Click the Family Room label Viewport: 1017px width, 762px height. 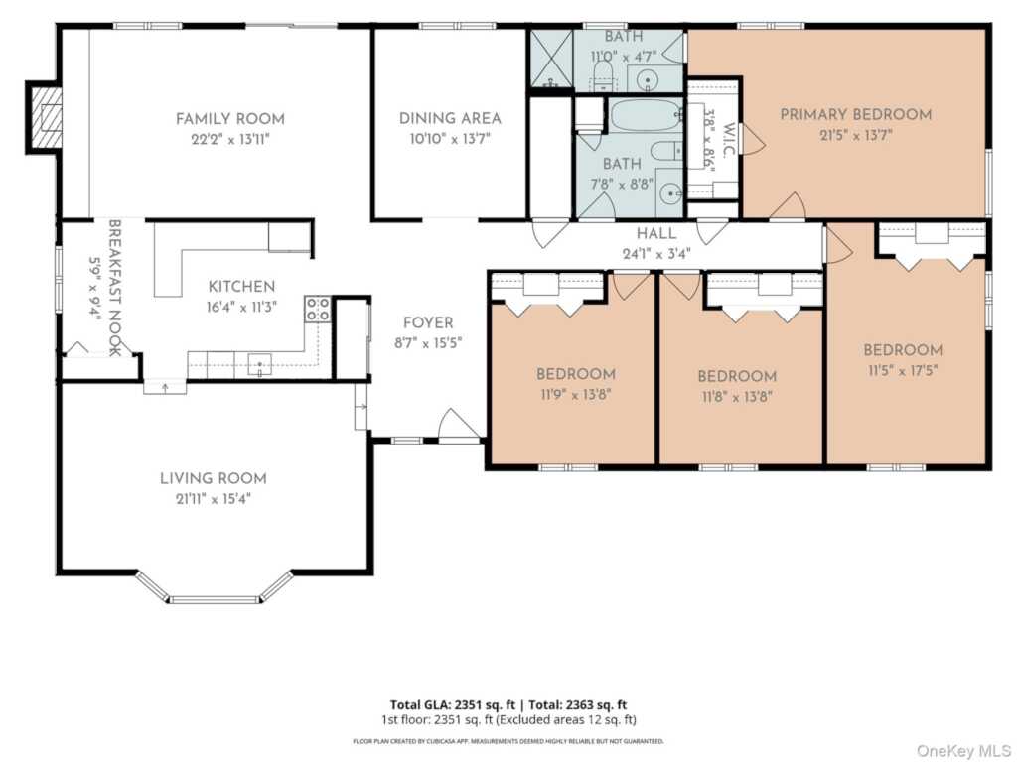click(230, 119)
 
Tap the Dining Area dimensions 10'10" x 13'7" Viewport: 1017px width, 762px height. click(450, 139)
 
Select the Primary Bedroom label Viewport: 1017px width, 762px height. click(855, 115)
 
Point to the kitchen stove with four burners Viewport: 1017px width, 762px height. click(318, 309)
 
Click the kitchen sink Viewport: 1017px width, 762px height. click(259, 365)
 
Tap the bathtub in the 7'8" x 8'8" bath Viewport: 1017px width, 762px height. click(647, 115)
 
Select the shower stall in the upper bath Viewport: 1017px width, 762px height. click(551, 59)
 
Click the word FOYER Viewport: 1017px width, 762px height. click(428, 322)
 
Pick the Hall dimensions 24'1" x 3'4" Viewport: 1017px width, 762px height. click(656, 253)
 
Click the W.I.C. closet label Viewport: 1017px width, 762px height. click(728, 139)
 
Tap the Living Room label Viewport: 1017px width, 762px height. click(214, 479)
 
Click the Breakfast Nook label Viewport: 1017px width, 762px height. click(115, 288)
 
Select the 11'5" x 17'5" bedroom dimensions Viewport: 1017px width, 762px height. click(903, 371)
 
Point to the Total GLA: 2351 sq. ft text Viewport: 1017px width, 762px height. click(453, 705)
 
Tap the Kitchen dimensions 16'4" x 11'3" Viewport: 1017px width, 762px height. click(241, 308)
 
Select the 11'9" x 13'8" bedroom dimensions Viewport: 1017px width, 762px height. click(576, 395)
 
